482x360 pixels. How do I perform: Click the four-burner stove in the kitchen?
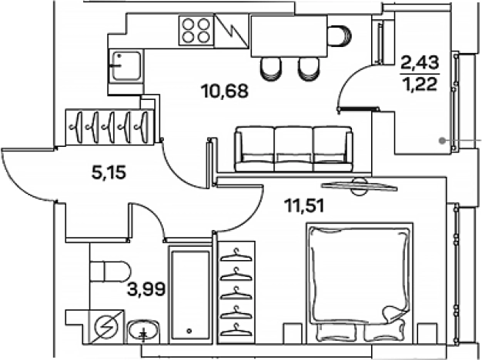[x=196, y=32]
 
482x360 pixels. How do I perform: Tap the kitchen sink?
[x=123, y=63]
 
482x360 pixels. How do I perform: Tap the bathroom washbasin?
[x=142, y=332]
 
